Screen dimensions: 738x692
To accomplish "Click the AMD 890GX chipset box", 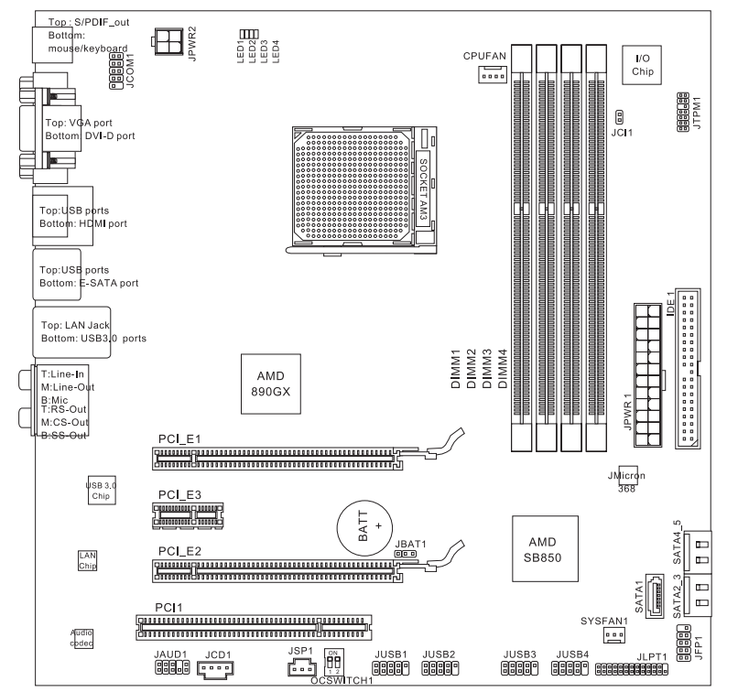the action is (271, 384).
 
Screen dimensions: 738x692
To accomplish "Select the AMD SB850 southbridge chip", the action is (545, 548).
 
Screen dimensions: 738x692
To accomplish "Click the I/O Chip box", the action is (642, 65).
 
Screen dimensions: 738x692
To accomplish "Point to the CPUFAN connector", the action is (493, 75).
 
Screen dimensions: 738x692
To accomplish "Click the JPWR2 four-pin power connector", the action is (168, 41).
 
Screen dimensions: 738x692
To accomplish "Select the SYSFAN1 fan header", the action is (614, 635).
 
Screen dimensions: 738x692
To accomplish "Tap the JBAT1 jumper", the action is (405, 554).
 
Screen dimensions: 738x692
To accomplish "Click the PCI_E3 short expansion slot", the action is (188, 515).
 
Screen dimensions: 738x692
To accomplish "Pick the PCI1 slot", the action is (254, 627).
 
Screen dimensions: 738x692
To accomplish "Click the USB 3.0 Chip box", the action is (102, 491).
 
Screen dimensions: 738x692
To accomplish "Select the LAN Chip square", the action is (88, 561).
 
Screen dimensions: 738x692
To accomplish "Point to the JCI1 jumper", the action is (619, 116).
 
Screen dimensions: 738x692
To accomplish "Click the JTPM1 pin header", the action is (683, 112).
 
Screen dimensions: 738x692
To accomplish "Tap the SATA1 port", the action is (655, 596).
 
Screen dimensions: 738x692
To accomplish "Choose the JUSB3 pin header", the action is (519, 668).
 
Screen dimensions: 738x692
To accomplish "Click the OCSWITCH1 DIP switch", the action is (333, 663).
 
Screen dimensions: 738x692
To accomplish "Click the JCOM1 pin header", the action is (116, 71).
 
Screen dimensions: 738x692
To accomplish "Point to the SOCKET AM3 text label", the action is (423, 189).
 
